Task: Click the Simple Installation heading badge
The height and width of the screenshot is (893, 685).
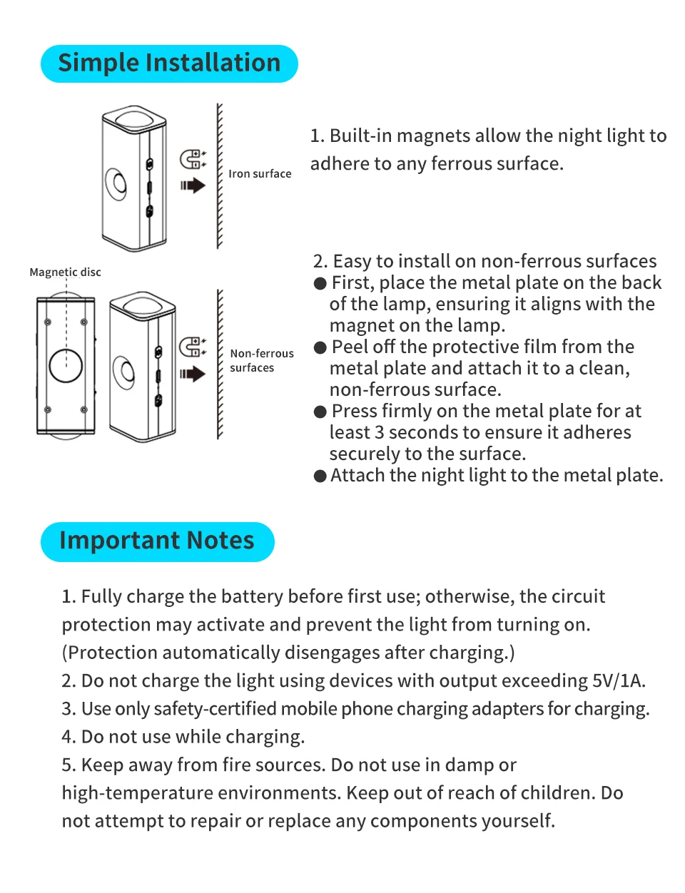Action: (169, 63)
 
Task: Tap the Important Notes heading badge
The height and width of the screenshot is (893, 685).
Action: (157, 541)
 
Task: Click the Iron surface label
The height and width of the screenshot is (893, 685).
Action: (260, 174)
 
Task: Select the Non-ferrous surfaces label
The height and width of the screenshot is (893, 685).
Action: (261, 360)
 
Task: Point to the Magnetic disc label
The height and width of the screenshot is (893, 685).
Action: (65, 272)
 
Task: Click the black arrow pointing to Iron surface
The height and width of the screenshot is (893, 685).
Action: (193, 185)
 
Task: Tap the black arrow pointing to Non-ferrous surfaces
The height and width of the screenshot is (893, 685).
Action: (193, 373)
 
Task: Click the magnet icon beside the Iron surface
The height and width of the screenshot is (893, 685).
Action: (192, 159)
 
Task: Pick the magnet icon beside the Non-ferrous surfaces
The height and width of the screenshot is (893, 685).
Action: (192, 347)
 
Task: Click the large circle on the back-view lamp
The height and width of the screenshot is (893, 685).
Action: (66, 365)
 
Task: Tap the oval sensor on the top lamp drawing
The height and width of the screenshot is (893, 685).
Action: (117, 183)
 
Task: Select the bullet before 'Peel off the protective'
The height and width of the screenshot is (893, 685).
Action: (320, 348)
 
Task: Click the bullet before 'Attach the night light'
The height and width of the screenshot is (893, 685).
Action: (320, 476)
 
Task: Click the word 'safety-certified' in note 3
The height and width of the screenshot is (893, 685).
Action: (215, 709)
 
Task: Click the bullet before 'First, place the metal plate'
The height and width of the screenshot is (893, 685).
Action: (320, 284)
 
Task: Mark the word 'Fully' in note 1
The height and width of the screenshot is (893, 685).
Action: (98, 597)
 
